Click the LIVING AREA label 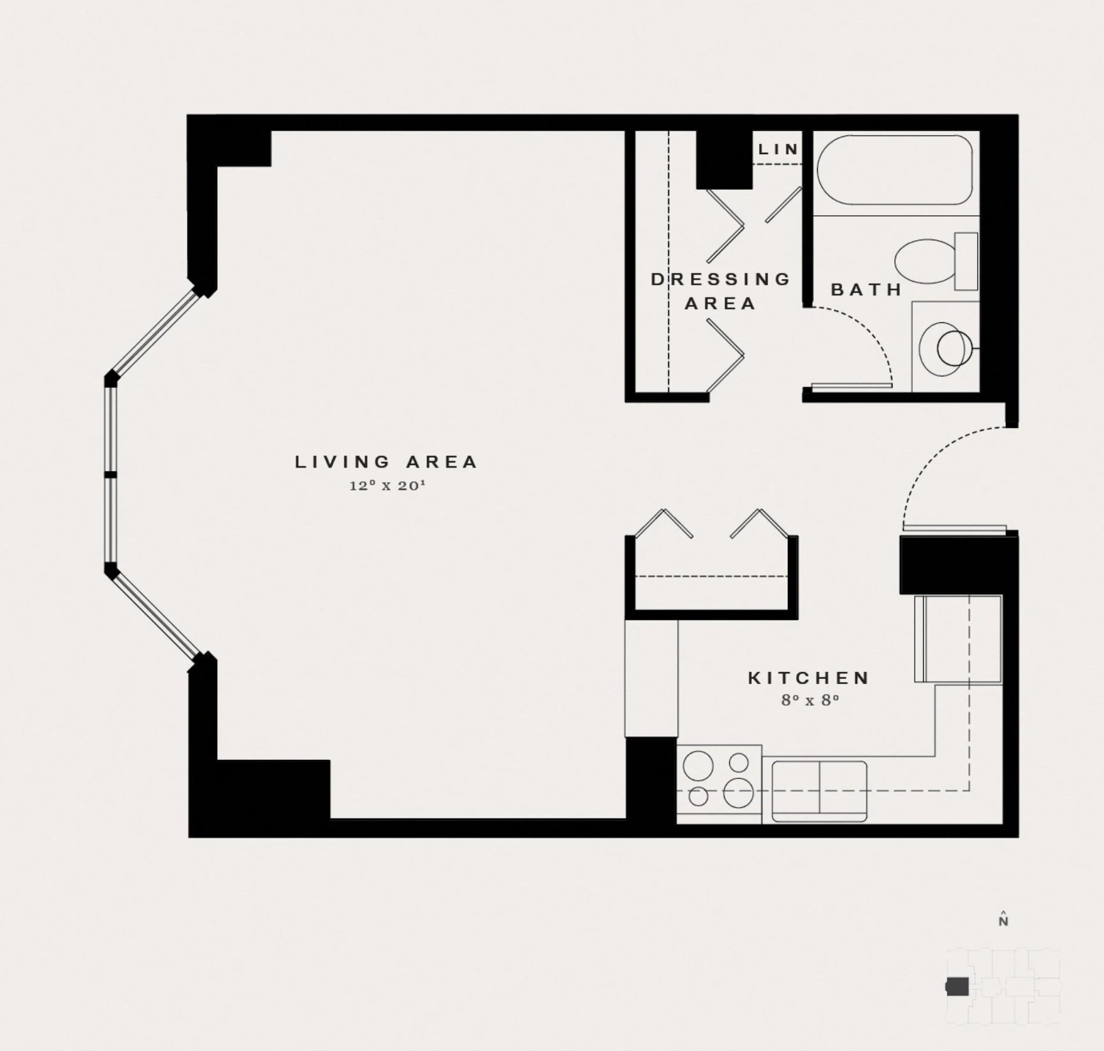point(386,462)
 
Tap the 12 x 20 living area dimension point(387,485)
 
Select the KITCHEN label point(809,678)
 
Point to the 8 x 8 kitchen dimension point(810,700)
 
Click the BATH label point(866,290)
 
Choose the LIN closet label point(778,149)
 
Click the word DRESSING point(721,279)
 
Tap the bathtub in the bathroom point(894,170)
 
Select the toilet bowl point(926,261)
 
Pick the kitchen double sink point(819,791)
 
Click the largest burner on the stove point(739,793)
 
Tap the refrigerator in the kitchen point(958,639)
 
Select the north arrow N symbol point(1003,920)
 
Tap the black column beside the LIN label point(724,160)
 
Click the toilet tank point(966,261)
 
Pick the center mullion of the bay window point(111,475)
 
